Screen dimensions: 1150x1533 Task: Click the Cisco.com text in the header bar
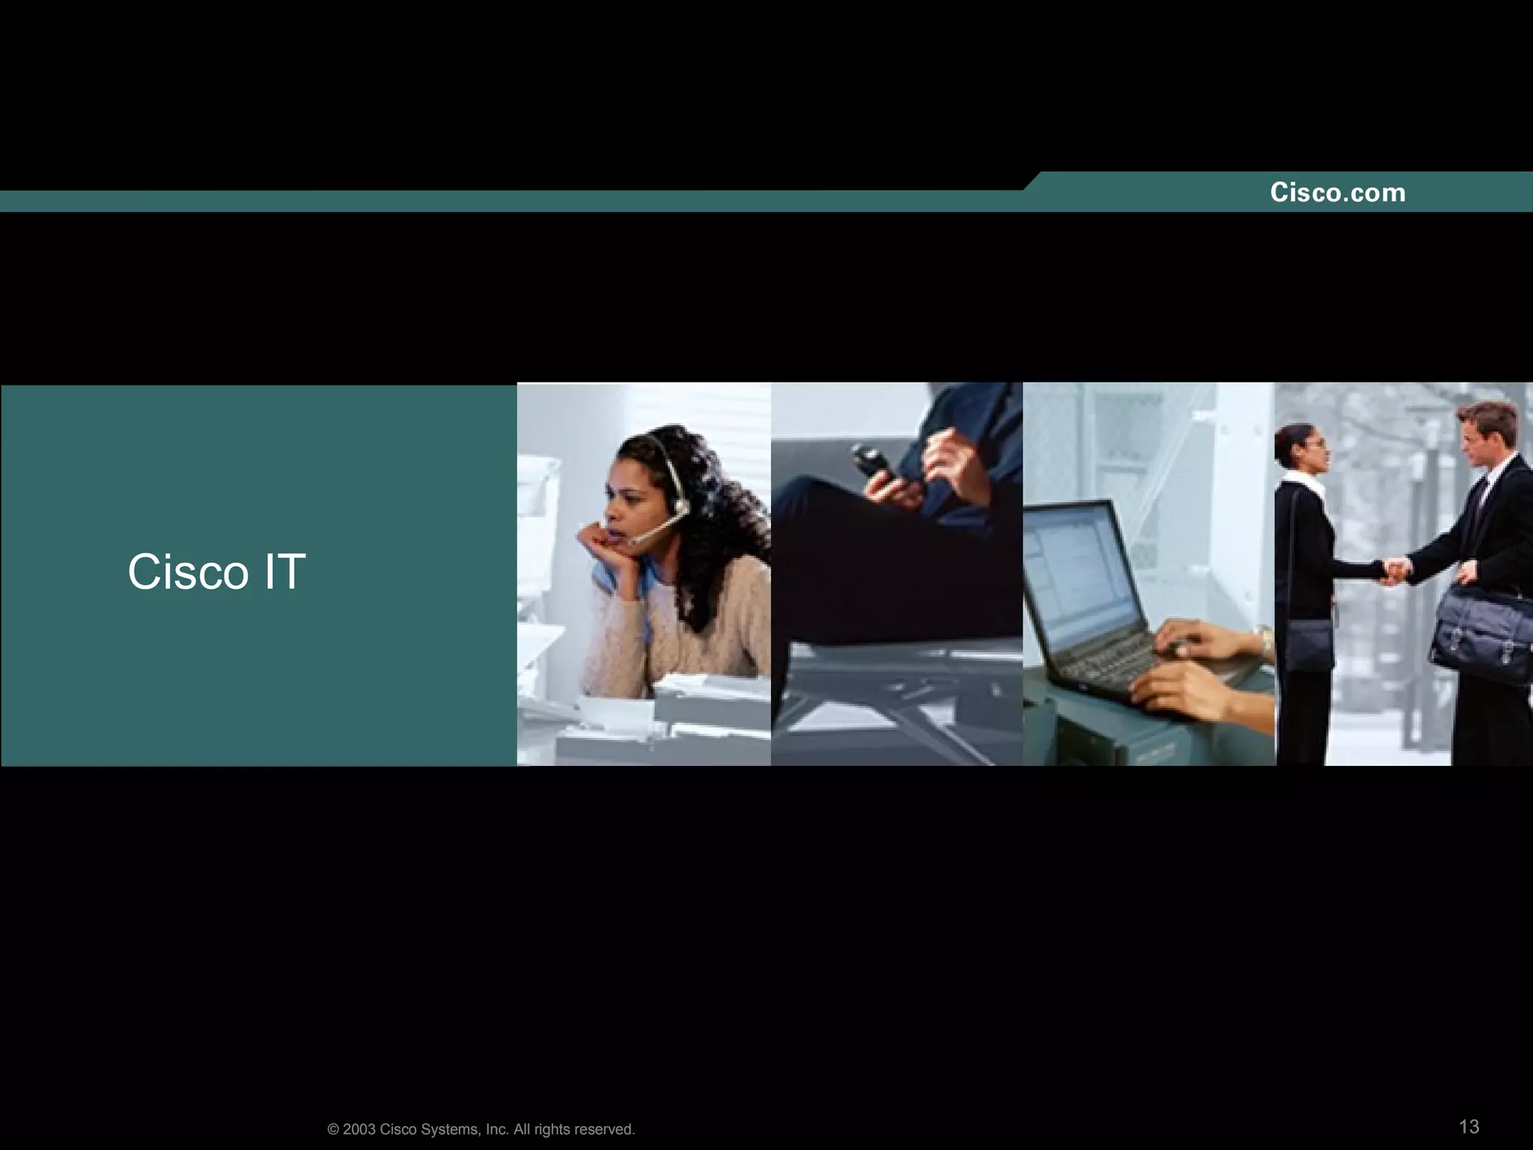coord(1338,193)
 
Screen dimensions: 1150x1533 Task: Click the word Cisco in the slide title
coord(187,573)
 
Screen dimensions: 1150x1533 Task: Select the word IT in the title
coord(284,572)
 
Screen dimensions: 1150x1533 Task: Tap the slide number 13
coord(1469,1127)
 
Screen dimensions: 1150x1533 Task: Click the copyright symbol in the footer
coord(333,1130)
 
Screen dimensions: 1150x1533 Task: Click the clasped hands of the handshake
coord(1394,571)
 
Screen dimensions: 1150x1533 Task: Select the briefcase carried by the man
coord(1482,633)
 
